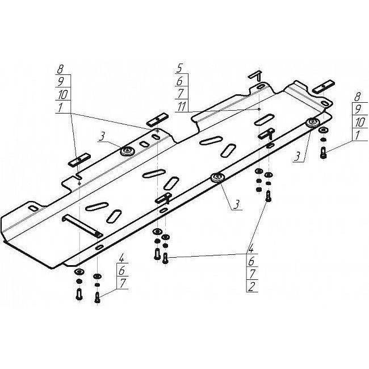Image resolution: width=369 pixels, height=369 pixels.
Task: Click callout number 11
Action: [182, 107]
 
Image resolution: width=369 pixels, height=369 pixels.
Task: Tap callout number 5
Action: [179, 68]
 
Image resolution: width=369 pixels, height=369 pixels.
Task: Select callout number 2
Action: [252, 286]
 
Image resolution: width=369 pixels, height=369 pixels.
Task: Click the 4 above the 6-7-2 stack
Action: [251, 249]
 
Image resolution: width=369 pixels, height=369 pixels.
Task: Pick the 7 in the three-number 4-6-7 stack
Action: [122, 283]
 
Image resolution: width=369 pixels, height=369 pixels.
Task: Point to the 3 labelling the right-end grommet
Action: [298, 157]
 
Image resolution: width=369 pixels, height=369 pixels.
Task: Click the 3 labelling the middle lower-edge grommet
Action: [236, 204]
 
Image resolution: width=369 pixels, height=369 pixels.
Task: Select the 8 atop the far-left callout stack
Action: [60, 69]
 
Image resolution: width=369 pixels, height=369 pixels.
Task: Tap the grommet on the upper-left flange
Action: [128, 151]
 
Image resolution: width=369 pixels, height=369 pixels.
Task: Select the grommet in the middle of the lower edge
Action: [217, 178]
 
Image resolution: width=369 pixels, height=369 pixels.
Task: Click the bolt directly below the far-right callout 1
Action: [324, 153]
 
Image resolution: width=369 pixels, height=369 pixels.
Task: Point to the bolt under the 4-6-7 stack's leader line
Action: [98, 297]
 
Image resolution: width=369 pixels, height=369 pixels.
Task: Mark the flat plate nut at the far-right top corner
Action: [324, 86]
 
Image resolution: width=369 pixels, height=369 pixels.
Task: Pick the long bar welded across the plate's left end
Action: [82, 224]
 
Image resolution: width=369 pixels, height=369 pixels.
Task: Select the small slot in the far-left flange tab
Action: [33, 208]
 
